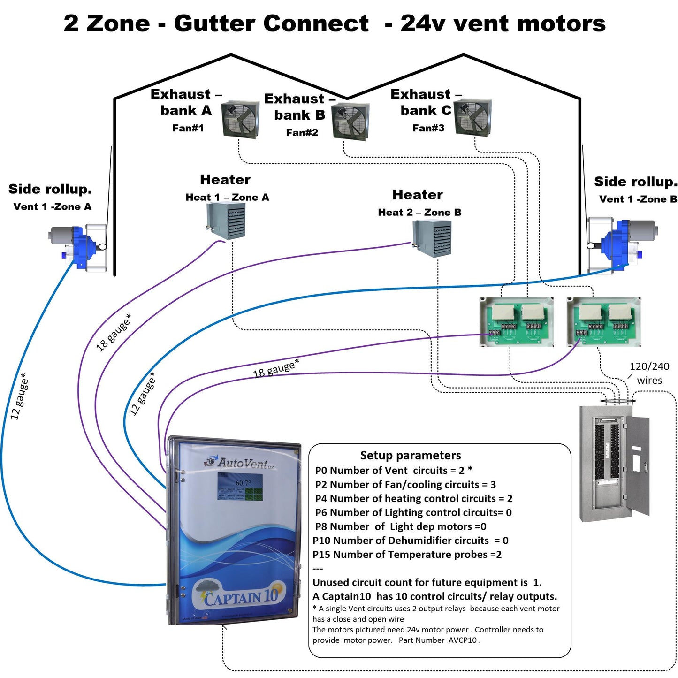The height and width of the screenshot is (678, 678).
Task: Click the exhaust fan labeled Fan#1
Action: [240, 119]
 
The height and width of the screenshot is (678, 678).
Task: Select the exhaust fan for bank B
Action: [350, 121]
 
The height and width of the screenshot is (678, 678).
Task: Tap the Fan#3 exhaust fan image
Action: [473, 117]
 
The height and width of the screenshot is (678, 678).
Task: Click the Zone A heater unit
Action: [226, 221]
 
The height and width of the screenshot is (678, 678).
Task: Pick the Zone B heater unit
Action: [432, 238]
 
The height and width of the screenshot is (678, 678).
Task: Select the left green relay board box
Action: [516, 322]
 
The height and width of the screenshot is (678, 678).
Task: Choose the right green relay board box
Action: [603, 322]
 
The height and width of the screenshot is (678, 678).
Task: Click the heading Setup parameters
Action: [410, 455]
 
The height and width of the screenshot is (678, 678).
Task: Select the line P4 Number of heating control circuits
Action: [413, 498]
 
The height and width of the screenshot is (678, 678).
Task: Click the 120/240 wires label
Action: [649, 373]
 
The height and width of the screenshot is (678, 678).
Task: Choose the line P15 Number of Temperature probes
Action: [407, 555]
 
